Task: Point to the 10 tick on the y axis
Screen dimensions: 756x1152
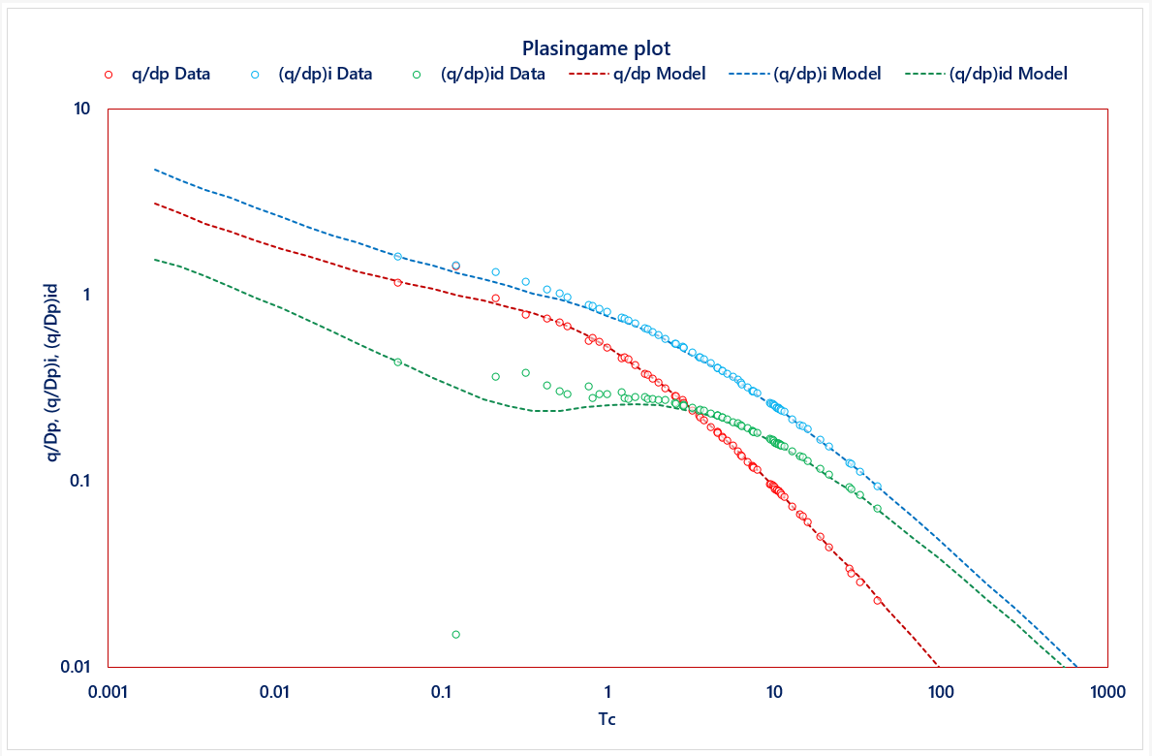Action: click(x=83, y=109)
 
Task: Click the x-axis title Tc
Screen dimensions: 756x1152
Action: click(x=607, y=719)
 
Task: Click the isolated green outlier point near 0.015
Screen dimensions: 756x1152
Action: click(x=455, y=635)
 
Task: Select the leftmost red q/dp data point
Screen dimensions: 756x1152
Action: click(x=398, y=282)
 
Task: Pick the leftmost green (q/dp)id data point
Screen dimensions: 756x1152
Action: click(x=398, y=362)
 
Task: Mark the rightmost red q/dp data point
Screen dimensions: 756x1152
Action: click(x=878, y=601)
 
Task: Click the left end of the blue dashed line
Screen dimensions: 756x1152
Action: click(x=155, y=170)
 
